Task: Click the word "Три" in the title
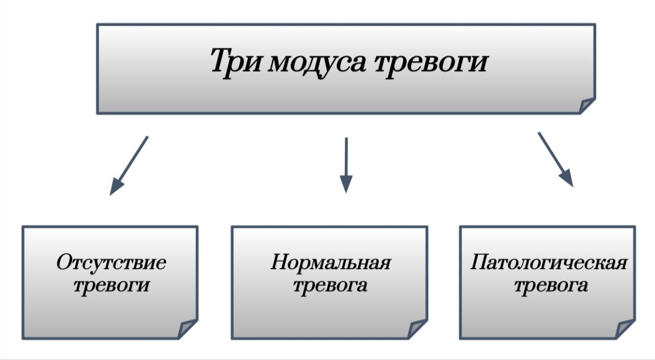236,62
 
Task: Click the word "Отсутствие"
111,263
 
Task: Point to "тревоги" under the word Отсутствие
111,285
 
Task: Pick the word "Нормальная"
330,263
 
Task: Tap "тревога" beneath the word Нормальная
330,285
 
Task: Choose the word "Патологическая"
548,263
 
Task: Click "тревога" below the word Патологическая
550,285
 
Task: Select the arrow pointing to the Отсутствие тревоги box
129,165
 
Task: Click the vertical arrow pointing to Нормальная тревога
346,164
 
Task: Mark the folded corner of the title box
586,105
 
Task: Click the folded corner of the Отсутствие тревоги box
188,329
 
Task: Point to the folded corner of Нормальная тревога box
418,329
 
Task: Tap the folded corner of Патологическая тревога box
625,329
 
